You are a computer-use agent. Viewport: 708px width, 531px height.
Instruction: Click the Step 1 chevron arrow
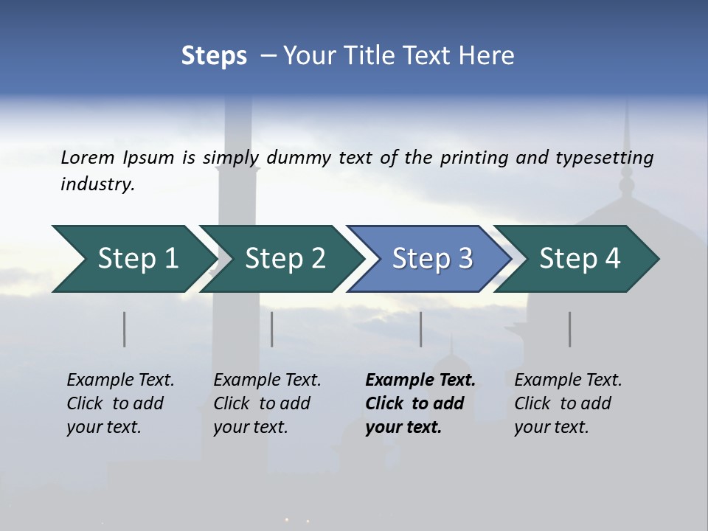tap(133, 259)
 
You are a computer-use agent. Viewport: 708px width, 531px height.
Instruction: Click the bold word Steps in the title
tap(214, 56)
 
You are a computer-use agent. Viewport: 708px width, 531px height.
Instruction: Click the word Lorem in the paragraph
tap(88, 157)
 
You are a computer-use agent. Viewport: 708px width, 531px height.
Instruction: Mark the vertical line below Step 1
tap(125, 329)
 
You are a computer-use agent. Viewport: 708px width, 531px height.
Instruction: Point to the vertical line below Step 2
tap(272, 329)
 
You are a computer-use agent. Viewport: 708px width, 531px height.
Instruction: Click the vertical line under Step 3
tap(421, 329)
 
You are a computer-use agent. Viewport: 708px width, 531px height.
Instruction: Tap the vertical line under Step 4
tap(570, 329)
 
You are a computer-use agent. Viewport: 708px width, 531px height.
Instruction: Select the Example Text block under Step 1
tap(120, 403)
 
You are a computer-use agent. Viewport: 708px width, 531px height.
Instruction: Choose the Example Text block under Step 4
tap(568, 403)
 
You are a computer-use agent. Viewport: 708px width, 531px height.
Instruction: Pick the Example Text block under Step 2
tap(267, 403)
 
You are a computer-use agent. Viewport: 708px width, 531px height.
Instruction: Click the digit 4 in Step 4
tap(611, 259)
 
